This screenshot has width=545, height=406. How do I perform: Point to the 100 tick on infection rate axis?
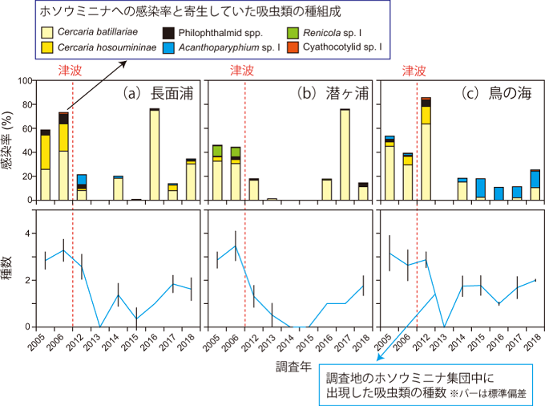(24, 81)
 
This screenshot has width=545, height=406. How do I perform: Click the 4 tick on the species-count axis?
(29, 233)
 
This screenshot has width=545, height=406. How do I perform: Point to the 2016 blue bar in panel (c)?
(499, 193)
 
